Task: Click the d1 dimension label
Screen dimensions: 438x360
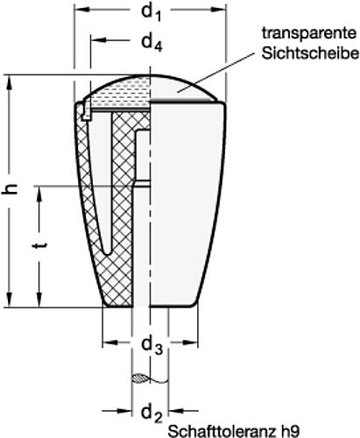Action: [151, 14]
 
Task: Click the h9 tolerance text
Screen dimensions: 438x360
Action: [290, 431]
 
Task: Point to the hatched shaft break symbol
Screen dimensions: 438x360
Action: [141, 379]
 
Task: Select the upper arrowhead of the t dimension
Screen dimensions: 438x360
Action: [38, 188]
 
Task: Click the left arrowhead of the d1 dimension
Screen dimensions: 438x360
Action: [79, 14]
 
